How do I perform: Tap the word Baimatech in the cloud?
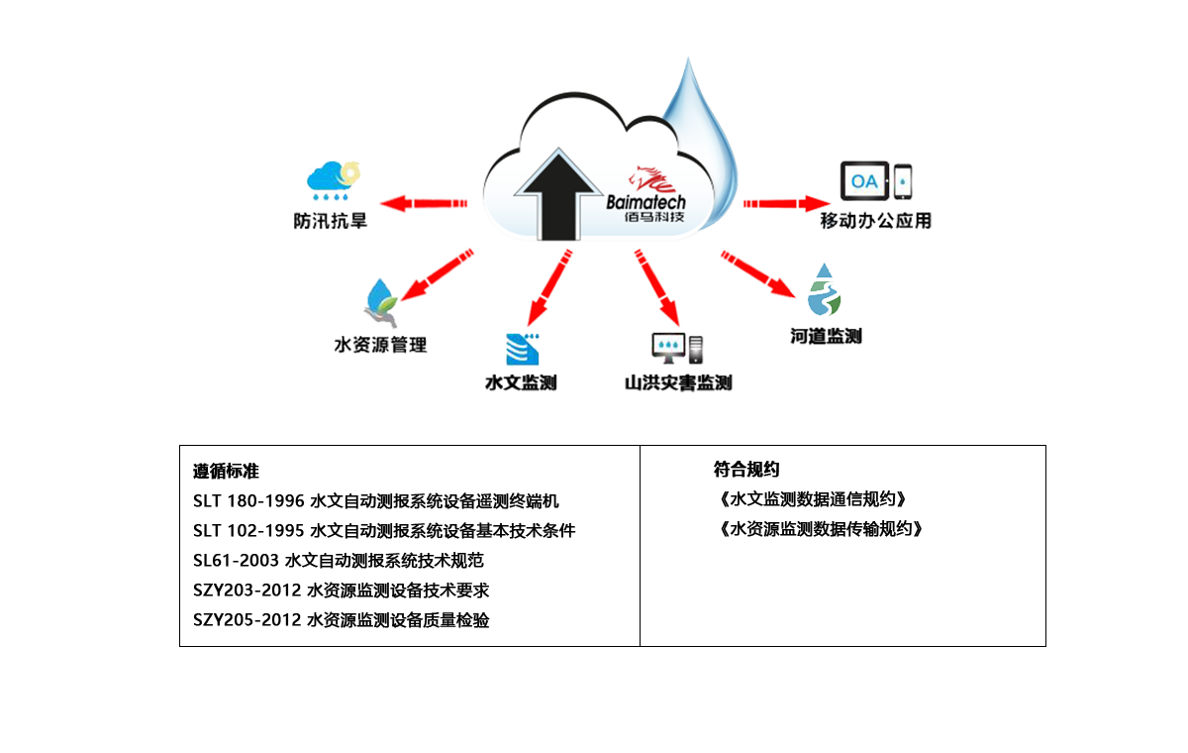(645, 202)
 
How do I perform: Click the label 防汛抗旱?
(331, 220)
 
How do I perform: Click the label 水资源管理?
(382, 345)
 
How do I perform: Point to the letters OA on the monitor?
(863, 182)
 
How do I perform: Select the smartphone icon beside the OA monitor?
(902, 181)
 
